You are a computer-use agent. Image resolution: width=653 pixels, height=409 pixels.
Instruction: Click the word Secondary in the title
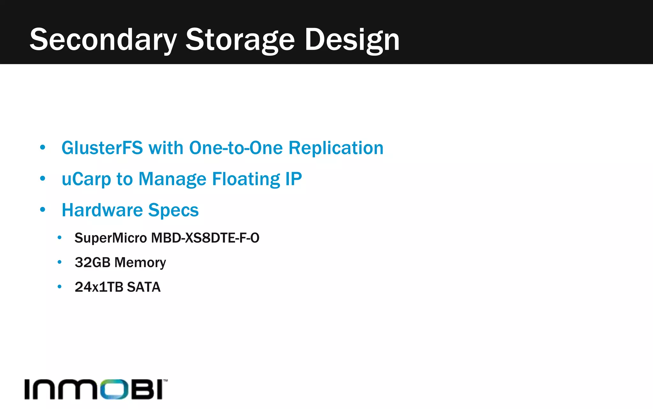click(x=103, y=40)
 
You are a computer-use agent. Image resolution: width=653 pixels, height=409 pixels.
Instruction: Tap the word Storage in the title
click(x=240, y=40)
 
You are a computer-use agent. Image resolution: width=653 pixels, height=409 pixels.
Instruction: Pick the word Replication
click(x=336, y=148)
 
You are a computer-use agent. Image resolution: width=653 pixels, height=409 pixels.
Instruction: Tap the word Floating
click(x=246, y=179)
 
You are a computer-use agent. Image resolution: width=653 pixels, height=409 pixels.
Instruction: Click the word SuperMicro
click(x=111, y=238)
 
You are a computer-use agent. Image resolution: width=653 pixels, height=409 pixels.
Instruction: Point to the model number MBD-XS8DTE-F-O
click(x=205, y=238)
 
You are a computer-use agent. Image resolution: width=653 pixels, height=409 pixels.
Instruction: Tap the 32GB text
click(x=92, y=262)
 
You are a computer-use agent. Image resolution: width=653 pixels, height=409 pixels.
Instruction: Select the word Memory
click(x=140, y=262)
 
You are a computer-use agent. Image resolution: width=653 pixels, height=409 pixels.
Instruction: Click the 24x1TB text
click(x=99, y=287)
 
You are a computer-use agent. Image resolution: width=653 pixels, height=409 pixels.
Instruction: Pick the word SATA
click(x=143, y=287)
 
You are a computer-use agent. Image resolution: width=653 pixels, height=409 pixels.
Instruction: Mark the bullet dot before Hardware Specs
click(x=43, y=210)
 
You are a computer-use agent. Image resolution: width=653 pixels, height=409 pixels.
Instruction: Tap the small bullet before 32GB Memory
click(x=59, y=262)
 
